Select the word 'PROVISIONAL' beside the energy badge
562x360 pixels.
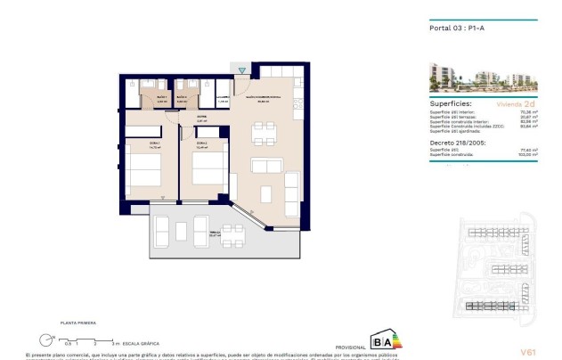[349, 347]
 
